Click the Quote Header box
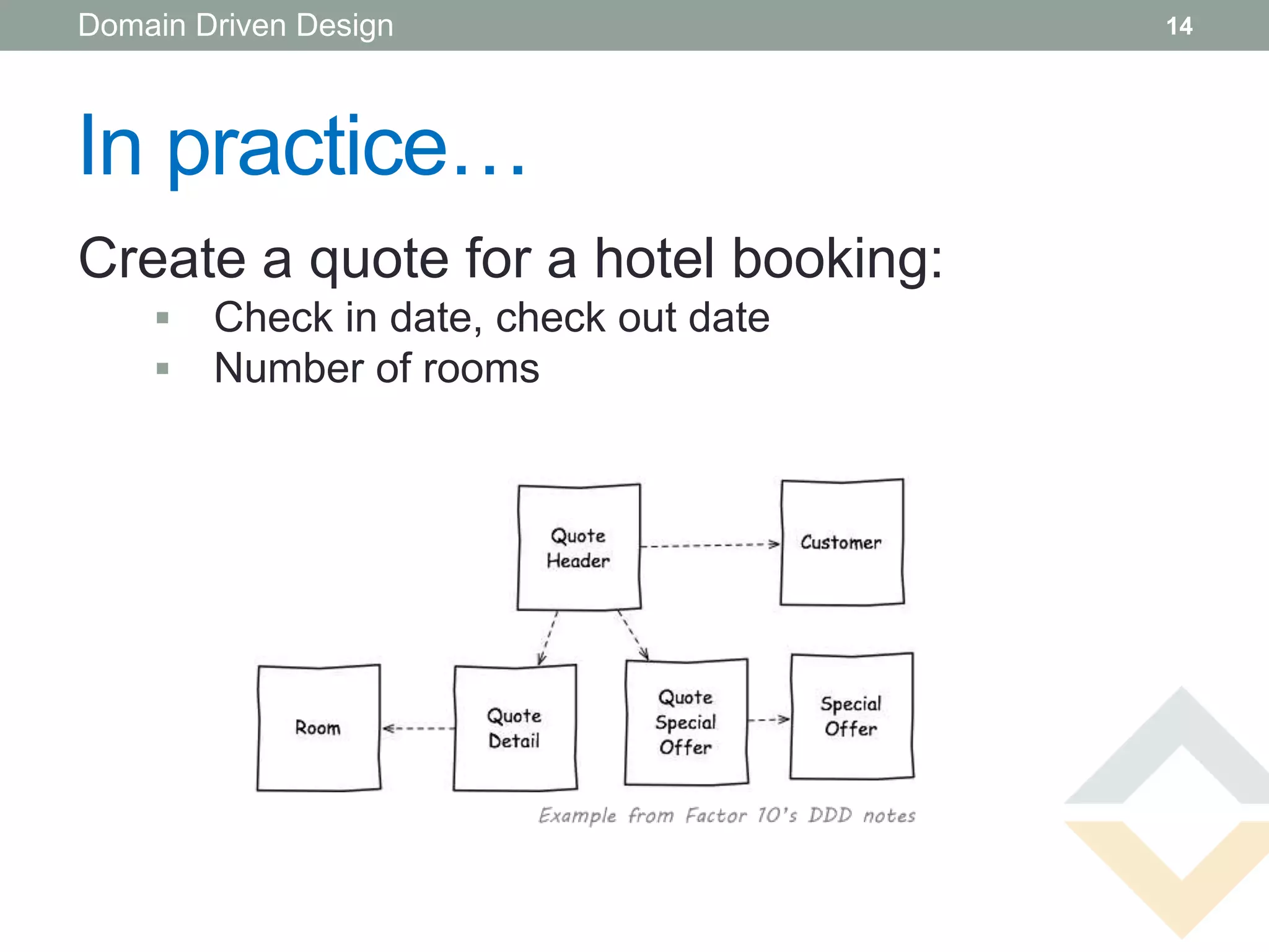[579, 547]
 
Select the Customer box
[842, 542]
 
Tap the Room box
[318, 728]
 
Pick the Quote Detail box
[515, 728]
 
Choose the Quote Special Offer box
[687, 722]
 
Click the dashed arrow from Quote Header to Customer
[710, 545]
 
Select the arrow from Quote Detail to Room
[418, 728]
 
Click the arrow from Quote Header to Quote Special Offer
[633, 636]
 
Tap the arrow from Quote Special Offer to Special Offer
[769, 720]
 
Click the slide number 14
[1179, 26]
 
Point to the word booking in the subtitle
[836, 259]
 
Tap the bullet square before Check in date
[163, 319]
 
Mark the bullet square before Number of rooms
[163, 369]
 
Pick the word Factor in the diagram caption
[716, 815]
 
